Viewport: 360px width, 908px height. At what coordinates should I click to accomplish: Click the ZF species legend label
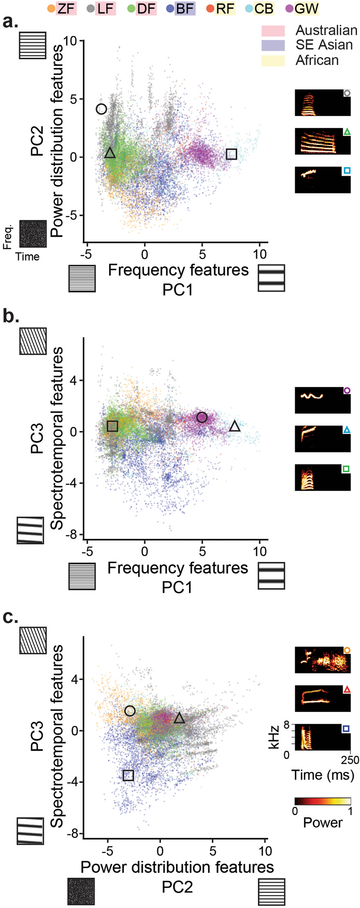point(66,8)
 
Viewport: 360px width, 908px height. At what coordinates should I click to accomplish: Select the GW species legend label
point(306,8)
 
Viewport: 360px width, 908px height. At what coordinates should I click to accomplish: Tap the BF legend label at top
point(185,8)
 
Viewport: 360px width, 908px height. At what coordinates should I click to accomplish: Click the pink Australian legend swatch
point(273,31)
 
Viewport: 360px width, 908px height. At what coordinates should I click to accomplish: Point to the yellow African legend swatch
point(273,60)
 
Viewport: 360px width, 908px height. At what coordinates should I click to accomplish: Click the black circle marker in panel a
point(101,109)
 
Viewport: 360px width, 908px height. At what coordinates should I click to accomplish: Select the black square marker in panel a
point(231,154)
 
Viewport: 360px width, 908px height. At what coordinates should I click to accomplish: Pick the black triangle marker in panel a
point(110,153)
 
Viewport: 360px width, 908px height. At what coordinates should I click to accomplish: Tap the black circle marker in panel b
point(202,417)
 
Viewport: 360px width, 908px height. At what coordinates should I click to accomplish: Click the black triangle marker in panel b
point(235,426)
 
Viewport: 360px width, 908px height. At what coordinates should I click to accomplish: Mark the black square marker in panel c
point(128,775)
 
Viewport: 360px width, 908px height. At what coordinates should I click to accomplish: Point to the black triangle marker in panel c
point(180,718)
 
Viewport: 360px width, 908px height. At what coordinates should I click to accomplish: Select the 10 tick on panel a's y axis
point(69,41)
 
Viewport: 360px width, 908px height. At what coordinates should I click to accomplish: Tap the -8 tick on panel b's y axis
point(70,535)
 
